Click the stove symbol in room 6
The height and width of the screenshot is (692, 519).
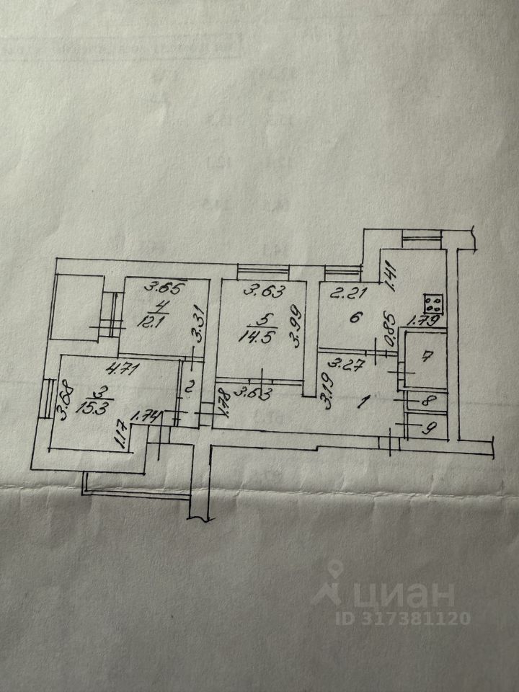434,303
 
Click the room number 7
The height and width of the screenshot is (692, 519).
426,356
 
